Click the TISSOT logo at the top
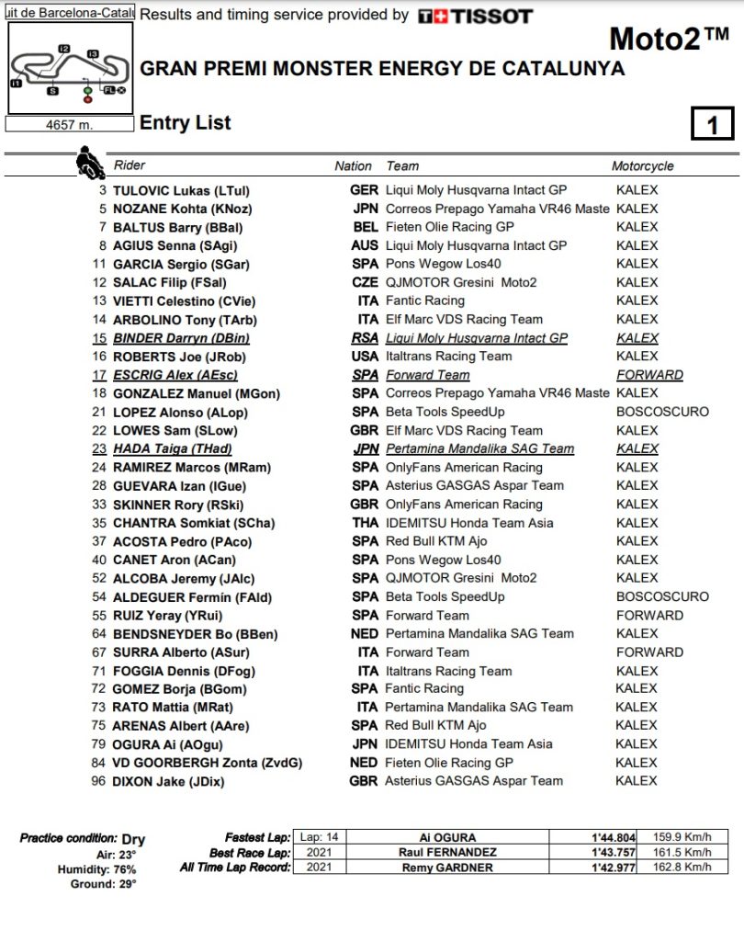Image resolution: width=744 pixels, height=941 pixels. [474, 17]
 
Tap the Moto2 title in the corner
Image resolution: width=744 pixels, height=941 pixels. [669, 40]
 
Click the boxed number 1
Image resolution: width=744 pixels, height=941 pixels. [712, 124]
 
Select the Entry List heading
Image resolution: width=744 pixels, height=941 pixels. [186, 123]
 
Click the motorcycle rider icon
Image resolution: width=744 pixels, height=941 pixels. [90, 162]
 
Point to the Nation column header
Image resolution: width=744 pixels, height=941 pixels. [353, 166]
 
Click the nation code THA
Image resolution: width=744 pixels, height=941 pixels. [365, 523]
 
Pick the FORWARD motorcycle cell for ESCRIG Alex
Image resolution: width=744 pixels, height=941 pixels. [649, 375]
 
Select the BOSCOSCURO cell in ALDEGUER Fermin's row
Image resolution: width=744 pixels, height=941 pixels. [662, 596]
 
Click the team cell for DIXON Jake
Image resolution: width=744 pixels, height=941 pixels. [475, 781]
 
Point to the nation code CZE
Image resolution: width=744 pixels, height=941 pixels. [365, 282]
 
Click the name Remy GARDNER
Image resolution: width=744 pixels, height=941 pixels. [447, 867]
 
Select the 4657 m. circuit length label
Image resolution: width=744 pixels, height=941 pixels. [70, 124]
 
